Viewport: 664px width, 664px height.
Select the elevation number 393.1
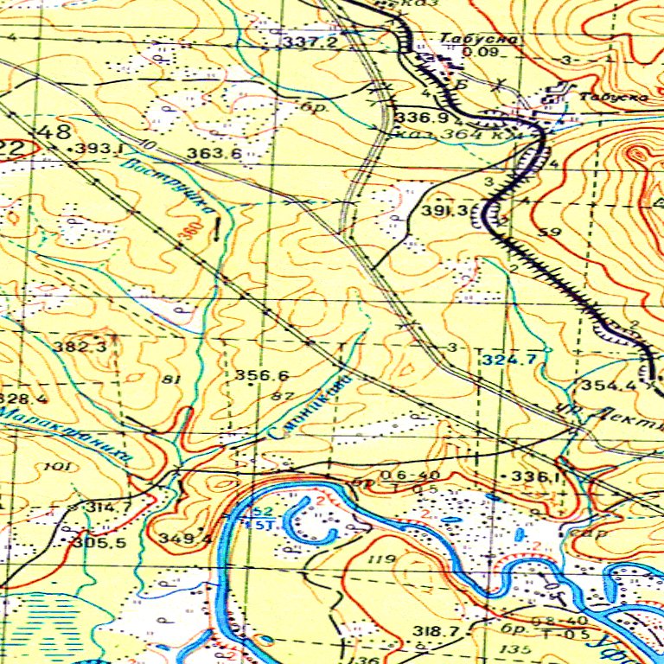[97, 149]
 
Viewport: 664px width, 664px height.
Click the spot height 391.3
[445, 211]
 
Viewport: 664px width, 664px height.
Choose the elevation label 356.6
[261, 375]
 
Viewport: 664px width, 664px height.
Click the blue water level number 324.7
[510, 358]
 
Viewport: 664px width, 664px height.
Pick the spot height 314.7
[109, 507]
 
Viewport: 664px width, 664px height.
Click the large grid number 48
[55, 132]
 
